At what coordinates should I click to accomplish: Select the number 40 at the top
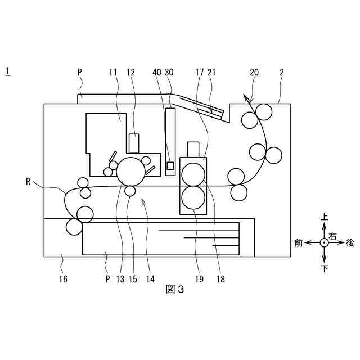tap(156, 72)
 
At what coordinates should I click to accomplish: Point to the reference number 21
tap(211, 72)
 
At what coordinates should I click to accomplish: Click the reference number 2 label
tap(281, 72)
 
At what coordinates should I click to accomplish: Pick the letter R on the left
tap(28, 181)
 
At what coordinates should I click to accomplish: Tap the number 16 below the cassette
tap(62, 278)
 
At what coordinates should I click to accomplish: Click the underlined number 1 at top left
tap(8, 71)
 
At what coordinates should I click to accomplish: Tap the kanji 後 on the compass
tap(350, 242)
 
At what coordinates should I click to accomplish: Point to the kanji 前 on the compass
tap(299, 242)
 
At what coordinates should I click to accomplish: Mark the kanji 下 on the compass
tap(324, 269)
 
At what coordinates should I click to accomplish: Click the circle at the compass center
tap(324, 242)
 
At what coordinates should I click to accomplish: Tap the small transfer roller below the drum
tap(130, 191)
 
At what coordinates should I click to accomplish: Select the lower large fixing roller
tap(193, 196)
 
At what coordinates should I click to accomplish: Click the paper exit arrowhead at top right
tap(246, 97)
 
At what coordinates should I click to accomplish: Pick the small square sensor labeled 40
tap(170, 165)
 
